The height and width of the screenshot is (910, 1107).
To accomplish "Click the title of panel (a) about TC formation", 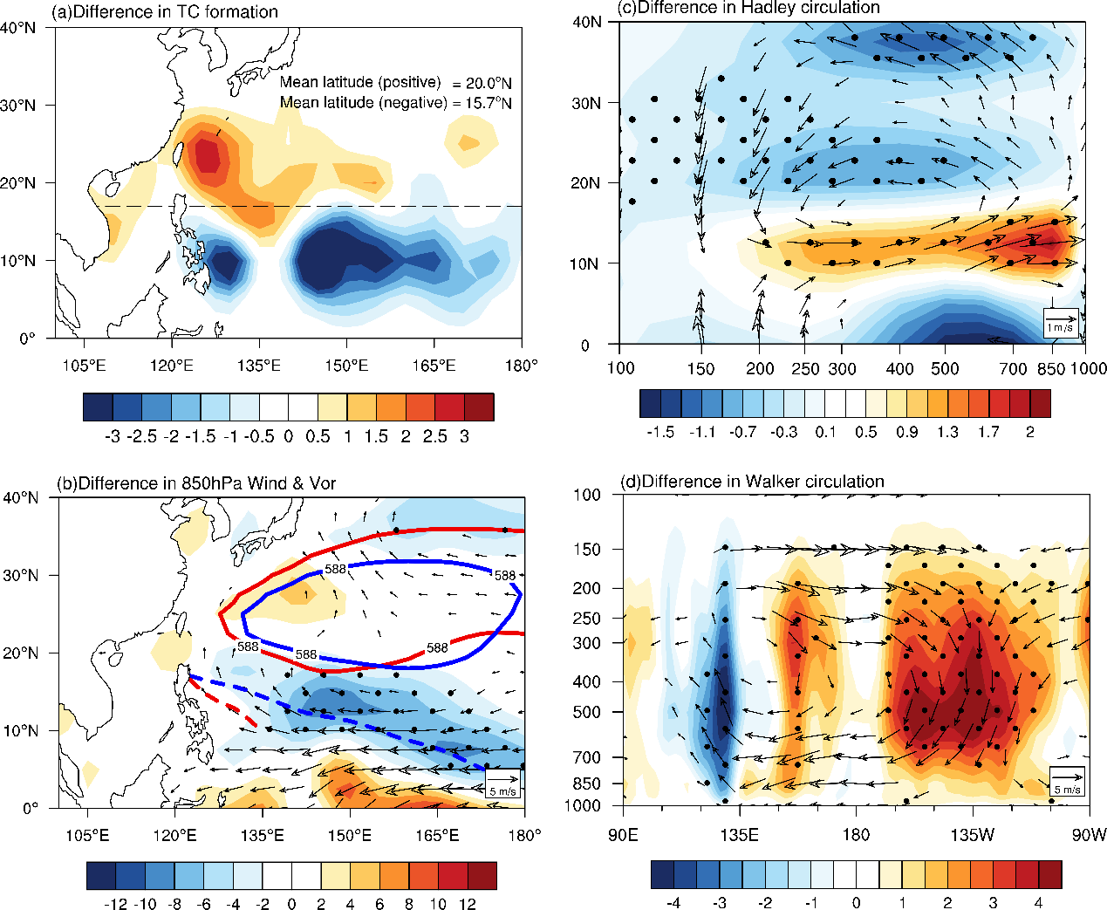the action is [x=164, y=11].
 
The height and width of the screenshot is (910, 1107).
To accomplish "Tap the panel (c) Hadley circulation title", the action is [x=748, y=7].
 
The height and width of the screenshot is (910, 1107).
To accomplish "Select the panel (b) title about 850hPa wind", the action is [x=196, y=482].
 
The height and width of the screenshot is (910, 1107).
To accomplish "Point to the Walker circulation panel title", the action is [x=752, y=481].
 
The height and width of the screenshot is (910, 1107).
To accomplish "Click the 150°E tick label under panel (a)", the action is [x=346, y=365].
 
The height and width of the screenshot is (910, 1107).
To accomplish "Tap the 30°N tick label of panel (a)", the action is [x=18, y=106].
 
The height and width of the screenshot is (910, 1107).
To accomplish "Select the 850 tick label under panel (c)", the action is [x=1051, y=368].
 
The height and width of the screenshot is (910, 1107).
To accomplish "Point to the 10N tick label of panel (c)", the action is [x=584, y=263].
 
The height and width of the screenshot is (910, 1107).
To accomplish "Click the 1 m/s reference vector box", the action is [x=1060, y=323].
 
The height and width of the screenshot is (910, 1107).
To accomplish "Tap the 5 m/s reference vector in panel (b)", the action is [x=502, y=783].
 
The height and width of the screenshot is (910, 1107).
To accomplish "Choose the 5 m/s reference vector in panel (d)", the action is [x=1067, y=781].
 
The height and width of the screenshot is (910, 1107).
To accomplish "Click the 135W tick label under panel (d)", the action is [x=973, y=835].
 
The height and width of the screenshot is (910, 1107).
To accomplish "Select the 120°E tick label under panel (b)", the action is [x=174, y=835].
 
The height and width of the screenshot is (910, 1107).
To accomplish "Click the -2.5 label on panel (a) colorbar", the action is [x=141, y=436].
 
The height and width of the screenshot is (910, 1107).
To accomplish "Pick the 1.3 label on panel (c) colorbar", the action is [x=947, y=432].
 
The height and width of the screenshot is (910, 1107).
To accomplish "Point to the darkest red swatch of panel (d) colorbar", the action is [x=1050, y=874].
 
